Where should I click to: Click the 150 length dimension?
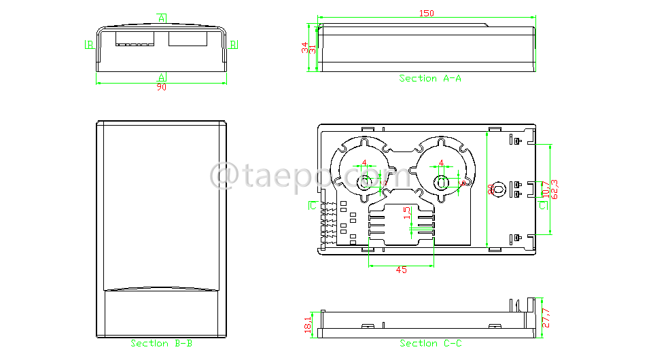(426, 13)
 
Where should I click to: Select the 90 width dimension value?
(162, 87)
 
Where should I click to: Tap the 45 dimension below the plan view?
(401, 270)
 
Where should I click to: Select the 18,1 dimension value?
(308, 324)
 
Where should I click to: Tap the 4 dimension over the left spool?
(365, 163)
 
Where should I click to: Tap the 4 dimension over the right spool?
(442, 163)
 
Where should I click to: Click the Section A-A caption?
(430, 79)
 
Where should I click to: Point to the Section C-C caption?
(430, 344)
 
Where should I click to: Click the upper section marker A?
(162, 18)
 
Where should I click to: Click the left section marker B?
(89, 45)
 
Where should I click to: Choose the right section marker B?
(233, 45)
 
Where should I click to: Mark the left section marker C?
(313, 204)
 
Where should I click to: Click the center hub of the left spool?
(365, 182)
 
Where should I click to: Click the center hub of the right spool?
(442, 182)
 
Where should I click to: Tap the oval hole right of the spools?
(498, 189)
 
